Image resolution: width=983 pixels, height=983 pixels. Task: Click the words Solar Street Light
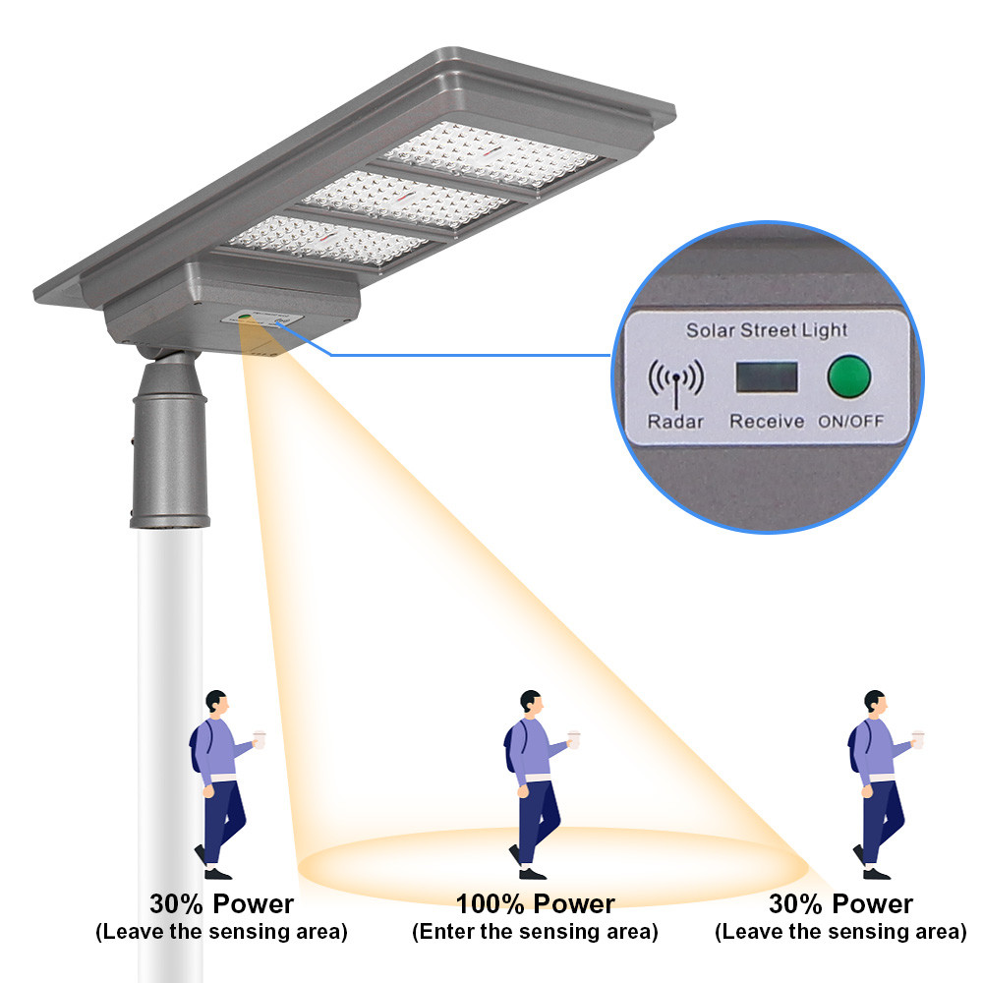coord(767,330)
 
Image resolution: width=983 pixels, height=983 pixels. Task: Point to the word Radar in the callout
coord(674,422)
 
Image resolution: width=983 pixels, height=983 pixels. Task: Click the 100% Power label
coord(535,903)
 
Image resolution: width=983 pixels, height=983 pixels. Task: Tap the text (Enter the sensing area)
coord(535,931)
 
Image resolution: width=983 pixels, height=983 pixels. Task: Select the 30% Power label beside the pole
coord(221,903)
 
